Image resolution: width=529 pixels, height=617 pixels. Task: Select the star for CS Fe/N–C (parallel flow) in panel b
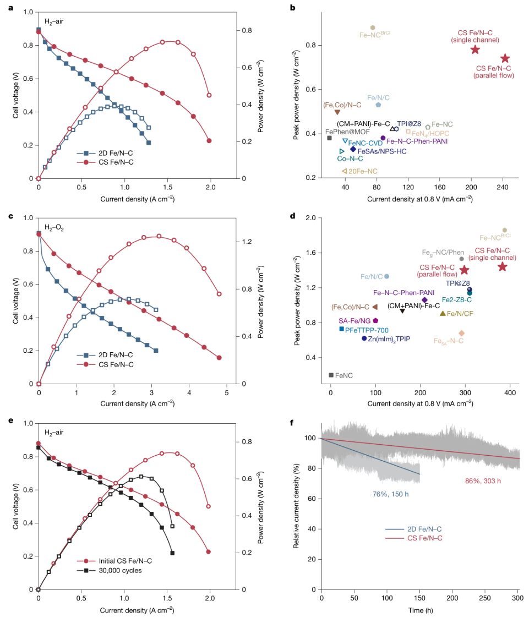505,58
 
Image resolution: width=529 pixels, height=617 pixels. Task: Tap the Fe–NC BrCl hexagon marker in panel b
373,28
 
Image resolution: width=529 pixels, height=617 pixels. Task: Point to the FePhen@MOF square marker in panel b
329,138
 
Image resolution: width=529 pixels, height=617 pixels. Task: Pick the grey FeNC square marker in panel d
331,375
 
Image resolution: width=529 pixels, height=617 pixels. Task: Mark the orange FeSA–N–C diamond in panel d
461,333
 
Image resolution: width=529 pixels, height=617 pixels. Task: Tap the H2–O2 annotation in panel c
53,227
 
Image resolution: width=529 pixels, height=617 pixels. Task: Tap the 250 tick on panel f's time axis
485,598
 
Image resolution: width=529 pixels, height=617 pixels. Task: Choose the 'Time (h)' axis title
419,611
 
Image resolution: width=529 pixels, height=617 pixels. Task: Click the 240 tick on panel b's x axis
502,187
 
